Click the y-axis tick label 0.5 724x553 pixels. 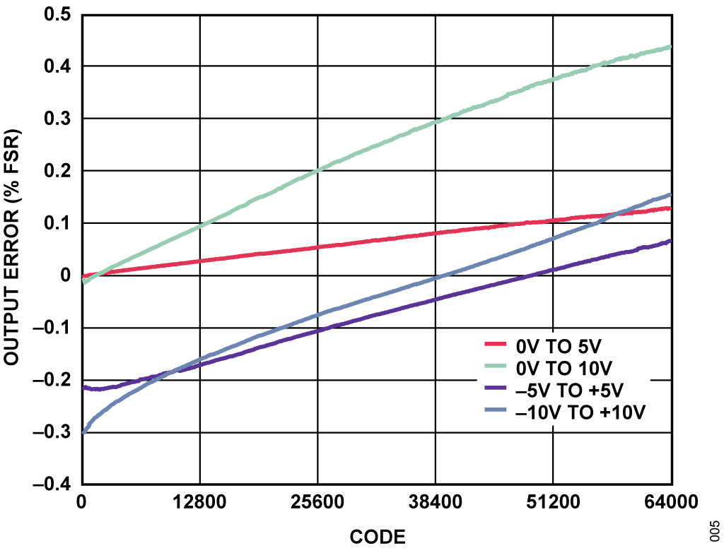click(x=59, y=14)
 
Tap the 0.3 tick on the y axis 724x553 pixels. click(x=59, y=119)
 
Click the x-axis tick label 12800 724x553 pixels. click(x=200, y=503)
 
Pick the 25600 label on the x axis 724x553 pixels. click(x=317, y=503)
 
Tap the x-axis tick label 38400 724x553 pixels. click(x=435, y=503)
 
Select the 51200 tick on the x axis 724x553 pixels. click(x=552, y=503)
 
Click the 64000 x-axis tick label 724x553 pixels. click(x=670, y=503)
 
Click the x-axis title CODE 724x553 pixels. click(x=378, y=537)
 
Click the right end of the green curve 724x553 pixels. click(x=669, y=47)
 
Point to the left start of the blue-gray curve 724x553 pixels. click(x=83, y=432)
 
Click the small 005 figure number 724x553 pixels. click(x=715, y=529)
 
